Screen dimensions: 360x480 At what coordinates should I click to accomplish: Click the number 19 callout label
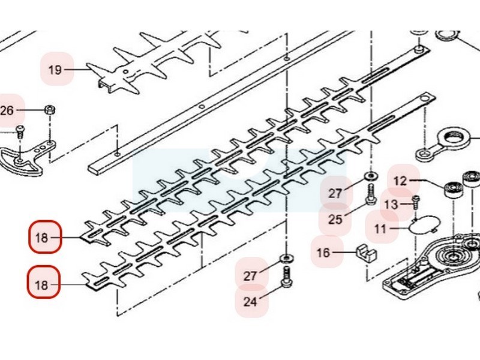(x=55, y=70)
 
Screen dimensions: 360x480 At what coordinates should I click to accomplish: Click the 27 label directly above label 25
(x=335, y=193)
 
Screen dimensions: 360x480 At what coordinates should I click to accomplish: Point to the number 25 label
(x=335, y=219)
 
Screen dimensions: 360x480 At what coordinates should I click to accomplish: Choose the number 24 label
(x=250, y=301)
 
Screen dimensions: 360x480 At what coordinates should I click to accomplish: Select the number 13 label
(x=391, y=205)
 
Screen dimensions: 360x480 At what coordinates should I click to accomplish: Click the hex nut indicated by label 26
(x=50, y=110)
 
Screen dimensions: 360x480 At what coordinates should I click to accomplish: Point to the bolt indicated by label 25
(x=370, y=194)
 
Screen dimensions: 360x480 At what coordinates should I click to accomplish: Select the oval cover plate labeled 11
(x=422, y=225)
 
